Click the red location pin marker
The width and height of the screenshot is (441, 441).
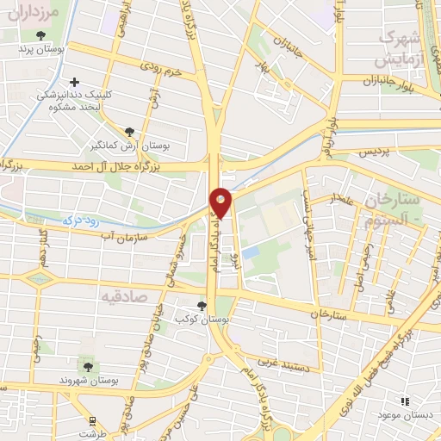(x=221, y=202)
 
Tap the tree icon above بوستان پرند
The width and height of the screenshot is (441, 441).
(x=40, y=35)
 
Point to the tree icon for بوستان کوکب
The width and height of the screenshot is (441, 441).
(x=202, y=306)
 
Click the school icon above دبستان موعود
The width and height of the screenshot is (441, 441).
(x=405, y=401)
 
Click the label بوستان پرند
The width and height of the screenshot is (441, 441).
(x=40, y=48)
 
